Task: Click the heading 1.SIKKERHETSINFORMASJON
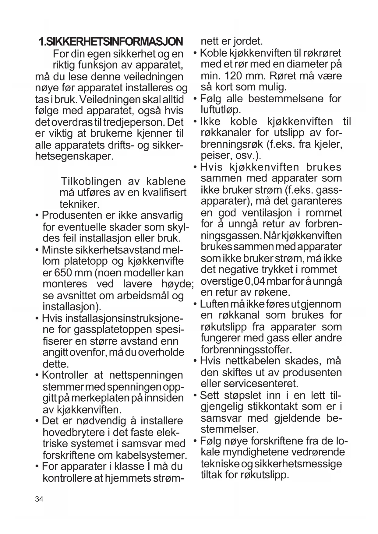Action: pyautogui.click(x=111, y=42)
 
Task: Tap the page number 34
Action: pyautogui.click(x=39, y=499)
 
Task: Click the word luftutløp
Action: pyautogui.click(x=221, y=110)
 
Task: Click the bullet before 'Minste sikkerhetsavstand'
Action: pyautogui.click(x=37, y=250)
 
